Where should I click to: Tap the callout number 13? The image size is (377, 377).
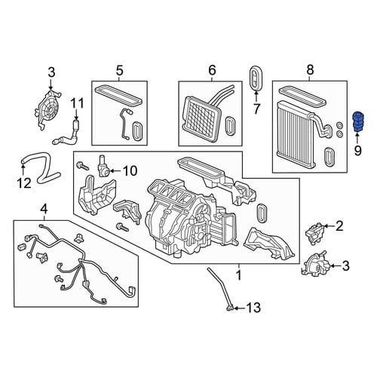point(253,308)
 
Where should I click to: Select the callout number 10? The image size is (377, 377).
point(130,171)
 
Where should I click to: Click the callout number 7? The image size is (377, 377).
point(256,109)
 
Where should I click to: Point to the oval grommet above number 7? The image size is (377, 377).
point(256,78)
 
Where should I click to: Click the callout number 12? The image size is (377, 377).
point(24,183)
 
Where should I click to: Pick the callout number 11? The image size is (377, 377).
point(77,103)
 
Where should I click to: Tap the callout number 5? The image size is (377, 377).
point(120,71)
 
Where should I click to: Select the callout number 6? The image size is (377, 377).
point(212,70)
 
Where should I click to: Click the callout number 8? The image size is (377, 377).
point(310,69)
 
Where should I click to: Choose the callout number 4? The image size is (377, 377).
point(44,210)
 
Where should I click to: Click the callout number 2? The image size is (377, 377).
point(339,226)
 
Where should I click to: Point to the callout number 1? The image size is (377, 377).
point(239,275)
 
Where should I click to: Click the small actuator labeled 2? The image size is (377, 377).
point(314,233)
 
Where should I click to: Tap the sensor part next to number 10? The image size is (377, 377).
point(103,167)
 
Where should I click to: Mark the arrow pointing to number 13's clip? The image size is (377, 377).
point(240,308)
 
